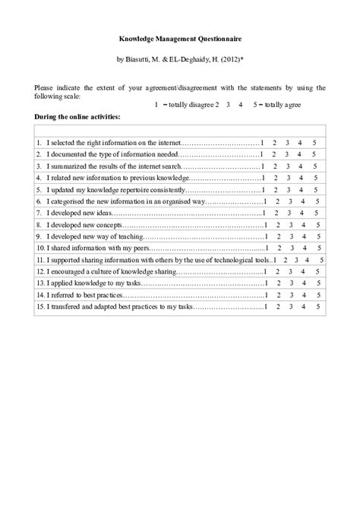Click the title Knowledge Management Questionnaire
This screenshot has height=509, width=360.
click(180, 36)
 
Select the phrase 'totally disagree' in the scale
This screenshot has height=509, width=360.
click(188, 104)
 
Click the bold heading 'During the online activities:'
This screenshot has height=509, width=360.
click(77, 117)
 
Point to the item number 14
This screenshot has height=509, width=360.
click(39, 295)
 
